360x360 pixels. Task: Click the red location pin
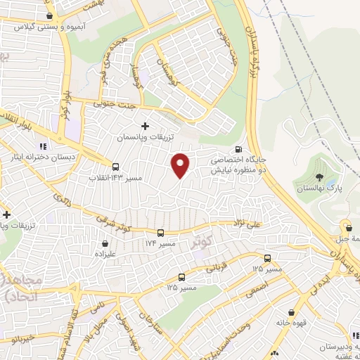(181, 165)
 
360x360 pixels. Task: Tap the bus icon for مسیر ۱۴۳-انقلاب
(115, 167)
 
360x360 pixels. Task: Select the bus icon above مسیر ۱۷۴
(160, 233)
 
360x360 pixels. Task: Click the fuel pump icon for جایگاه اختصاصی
(238, 150)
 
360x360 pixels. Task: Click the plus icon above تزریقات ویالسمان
(146, 127)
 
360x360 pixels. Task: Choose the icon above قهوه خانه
(290, 312)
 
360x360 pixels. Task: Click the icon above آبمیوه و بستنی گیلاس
(49, 15)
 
